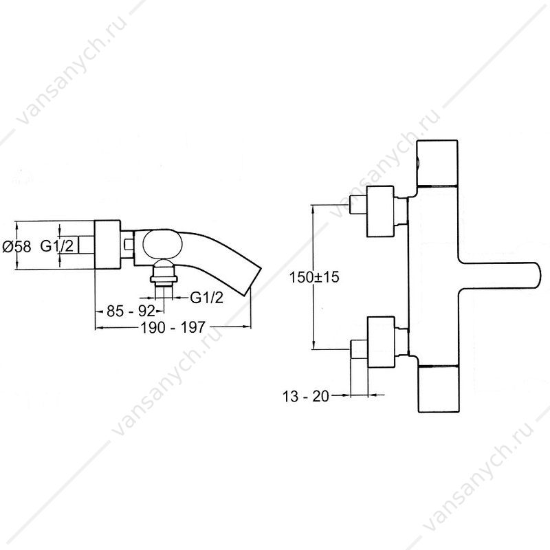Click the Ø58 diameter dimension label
16,246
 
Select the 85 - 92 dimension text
131,311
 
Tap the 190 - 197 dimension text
173,327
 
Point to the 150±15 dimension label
314,277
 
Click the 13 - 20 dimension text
306,397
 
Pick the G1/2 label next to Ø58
57,246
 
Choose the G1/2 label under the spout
207,298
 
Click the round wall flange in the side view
108,245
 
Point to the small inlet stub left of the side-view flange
87,245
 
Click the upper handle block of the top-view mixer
437,163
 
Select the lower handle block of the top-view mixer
439,388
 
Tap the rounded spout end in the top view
533,276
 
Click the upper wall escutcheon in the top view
380,211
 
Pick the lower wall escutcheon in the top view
382,342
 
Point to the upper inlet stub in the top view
357,205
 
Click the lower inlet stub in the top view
359,349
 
